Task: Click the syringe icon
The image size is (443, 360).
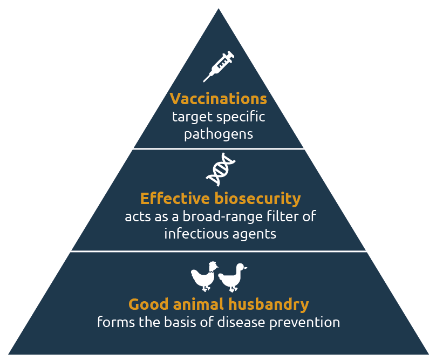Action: (219, 67)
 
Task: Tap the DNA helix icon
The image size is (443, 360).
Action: (221, 169)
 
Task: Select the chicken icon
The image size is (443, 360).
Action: (204, 276)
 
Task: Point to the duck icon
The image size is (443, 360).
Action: (232, 277)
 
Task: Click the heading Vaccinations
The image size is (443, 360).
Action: (219, 99)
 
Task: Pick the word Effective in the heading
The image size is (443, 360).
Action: (175, 198)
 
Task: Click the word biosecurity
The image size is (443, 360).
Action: (258, 199)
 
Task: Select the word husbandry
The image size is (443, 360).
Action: (269, 304)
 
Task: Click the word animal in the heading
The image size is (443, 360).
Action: (198, 304)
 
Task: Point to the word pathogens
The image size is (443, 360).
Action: (219, 134)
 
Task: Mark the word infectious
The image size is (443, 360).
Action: (196, 234)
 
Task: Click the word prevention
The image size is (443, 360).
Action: (304, 323)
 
